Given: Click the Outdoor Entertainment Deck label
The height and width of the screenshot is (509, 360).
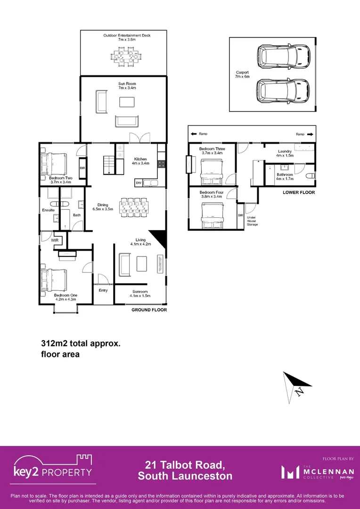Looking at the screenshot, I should [127, 38].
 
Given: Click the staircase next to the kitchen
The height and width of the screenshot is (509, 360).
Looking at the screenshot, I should [110, 165].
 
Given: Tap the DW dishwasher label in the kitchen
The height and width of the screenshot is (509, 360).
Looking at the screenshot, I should [139, 182].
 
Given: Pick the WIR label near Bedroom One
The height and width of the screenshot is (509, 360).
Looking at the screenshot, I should [55, 240].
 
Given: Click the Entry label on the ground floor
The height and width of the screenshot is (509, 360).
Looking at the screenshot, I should [103, 290].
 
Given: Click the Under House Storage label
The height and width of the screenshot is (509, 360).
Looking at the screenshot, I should [253, 221].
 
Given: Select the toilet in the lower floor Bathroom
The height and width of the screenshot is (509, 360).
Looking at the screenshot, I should [309, 176].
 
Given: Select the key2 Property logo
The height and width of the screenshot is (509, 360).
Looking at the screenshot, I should [52, 469].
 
